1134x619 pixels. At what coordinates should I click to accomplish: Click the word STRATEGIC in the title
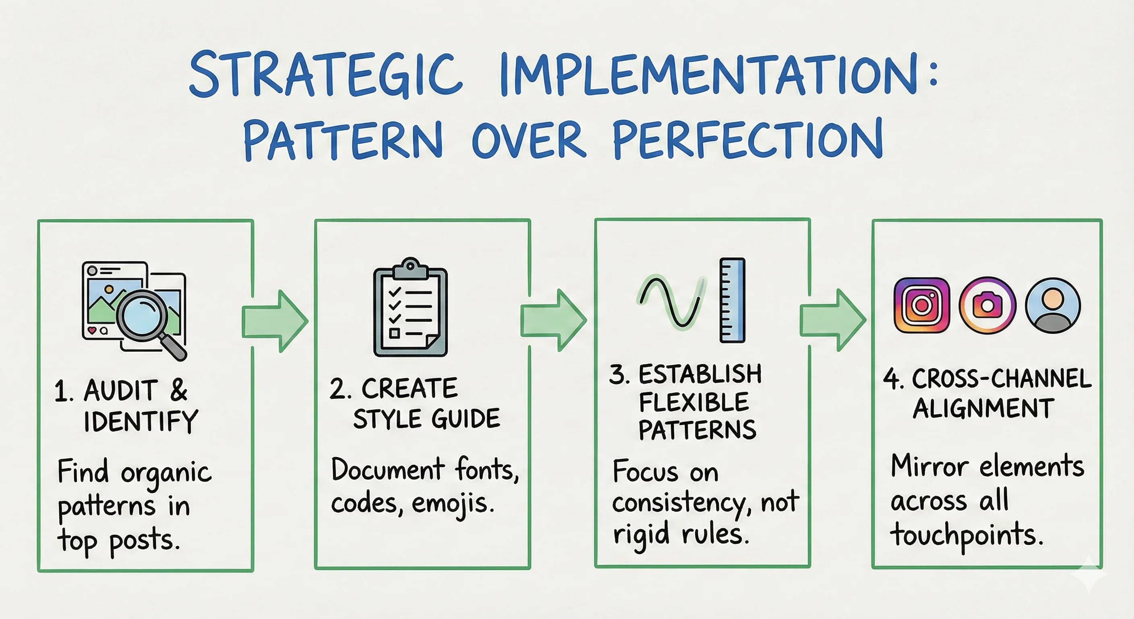(326, 74)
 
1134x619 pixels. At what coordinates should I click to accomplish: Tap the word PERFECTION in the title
(747, 139)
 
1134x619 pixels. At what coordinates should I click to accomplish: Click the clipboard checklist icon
(410, 307)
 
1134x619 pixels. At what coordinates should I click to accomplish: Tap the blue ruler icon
(733, 300)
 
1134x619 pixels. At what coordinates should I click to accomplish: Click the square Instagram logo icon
(922, 305)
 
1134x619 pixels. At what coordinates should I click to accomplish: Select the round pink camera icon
(987, 305)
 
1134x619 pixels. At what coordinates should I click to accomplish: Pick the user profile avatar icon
(1053, 305)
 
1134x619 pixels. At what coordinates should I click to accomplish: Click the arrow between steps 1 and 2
(275, 321)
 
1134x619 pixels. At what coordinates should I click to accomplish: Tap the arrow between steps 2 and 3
(553, 320)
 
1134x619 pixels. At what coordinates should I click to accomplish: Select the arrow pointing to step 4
(832, 320)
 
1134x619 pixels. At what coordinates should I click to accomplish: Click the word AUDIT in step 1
(120, 391)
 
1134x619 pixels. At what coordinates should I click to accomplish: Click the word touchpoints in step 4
(967, 535)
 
